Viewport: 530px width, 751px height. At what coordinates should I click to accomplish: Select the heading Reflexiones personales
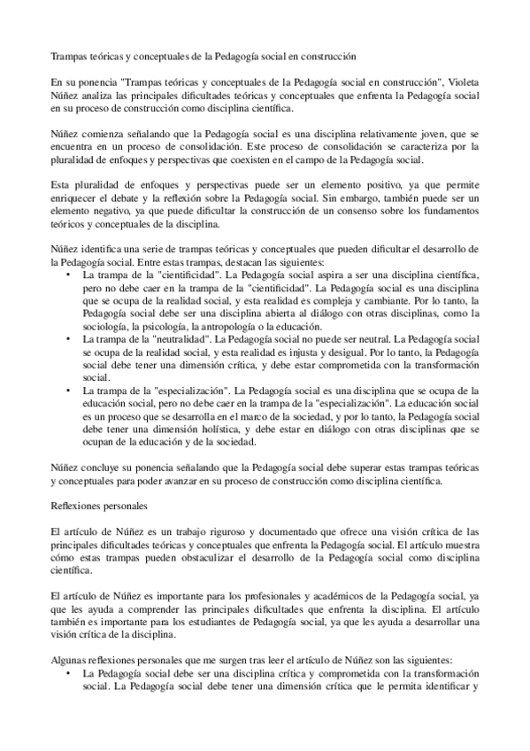coord(103,506)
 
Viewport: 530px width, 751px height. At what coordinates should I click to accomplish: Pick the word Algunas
coord(71,661)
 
